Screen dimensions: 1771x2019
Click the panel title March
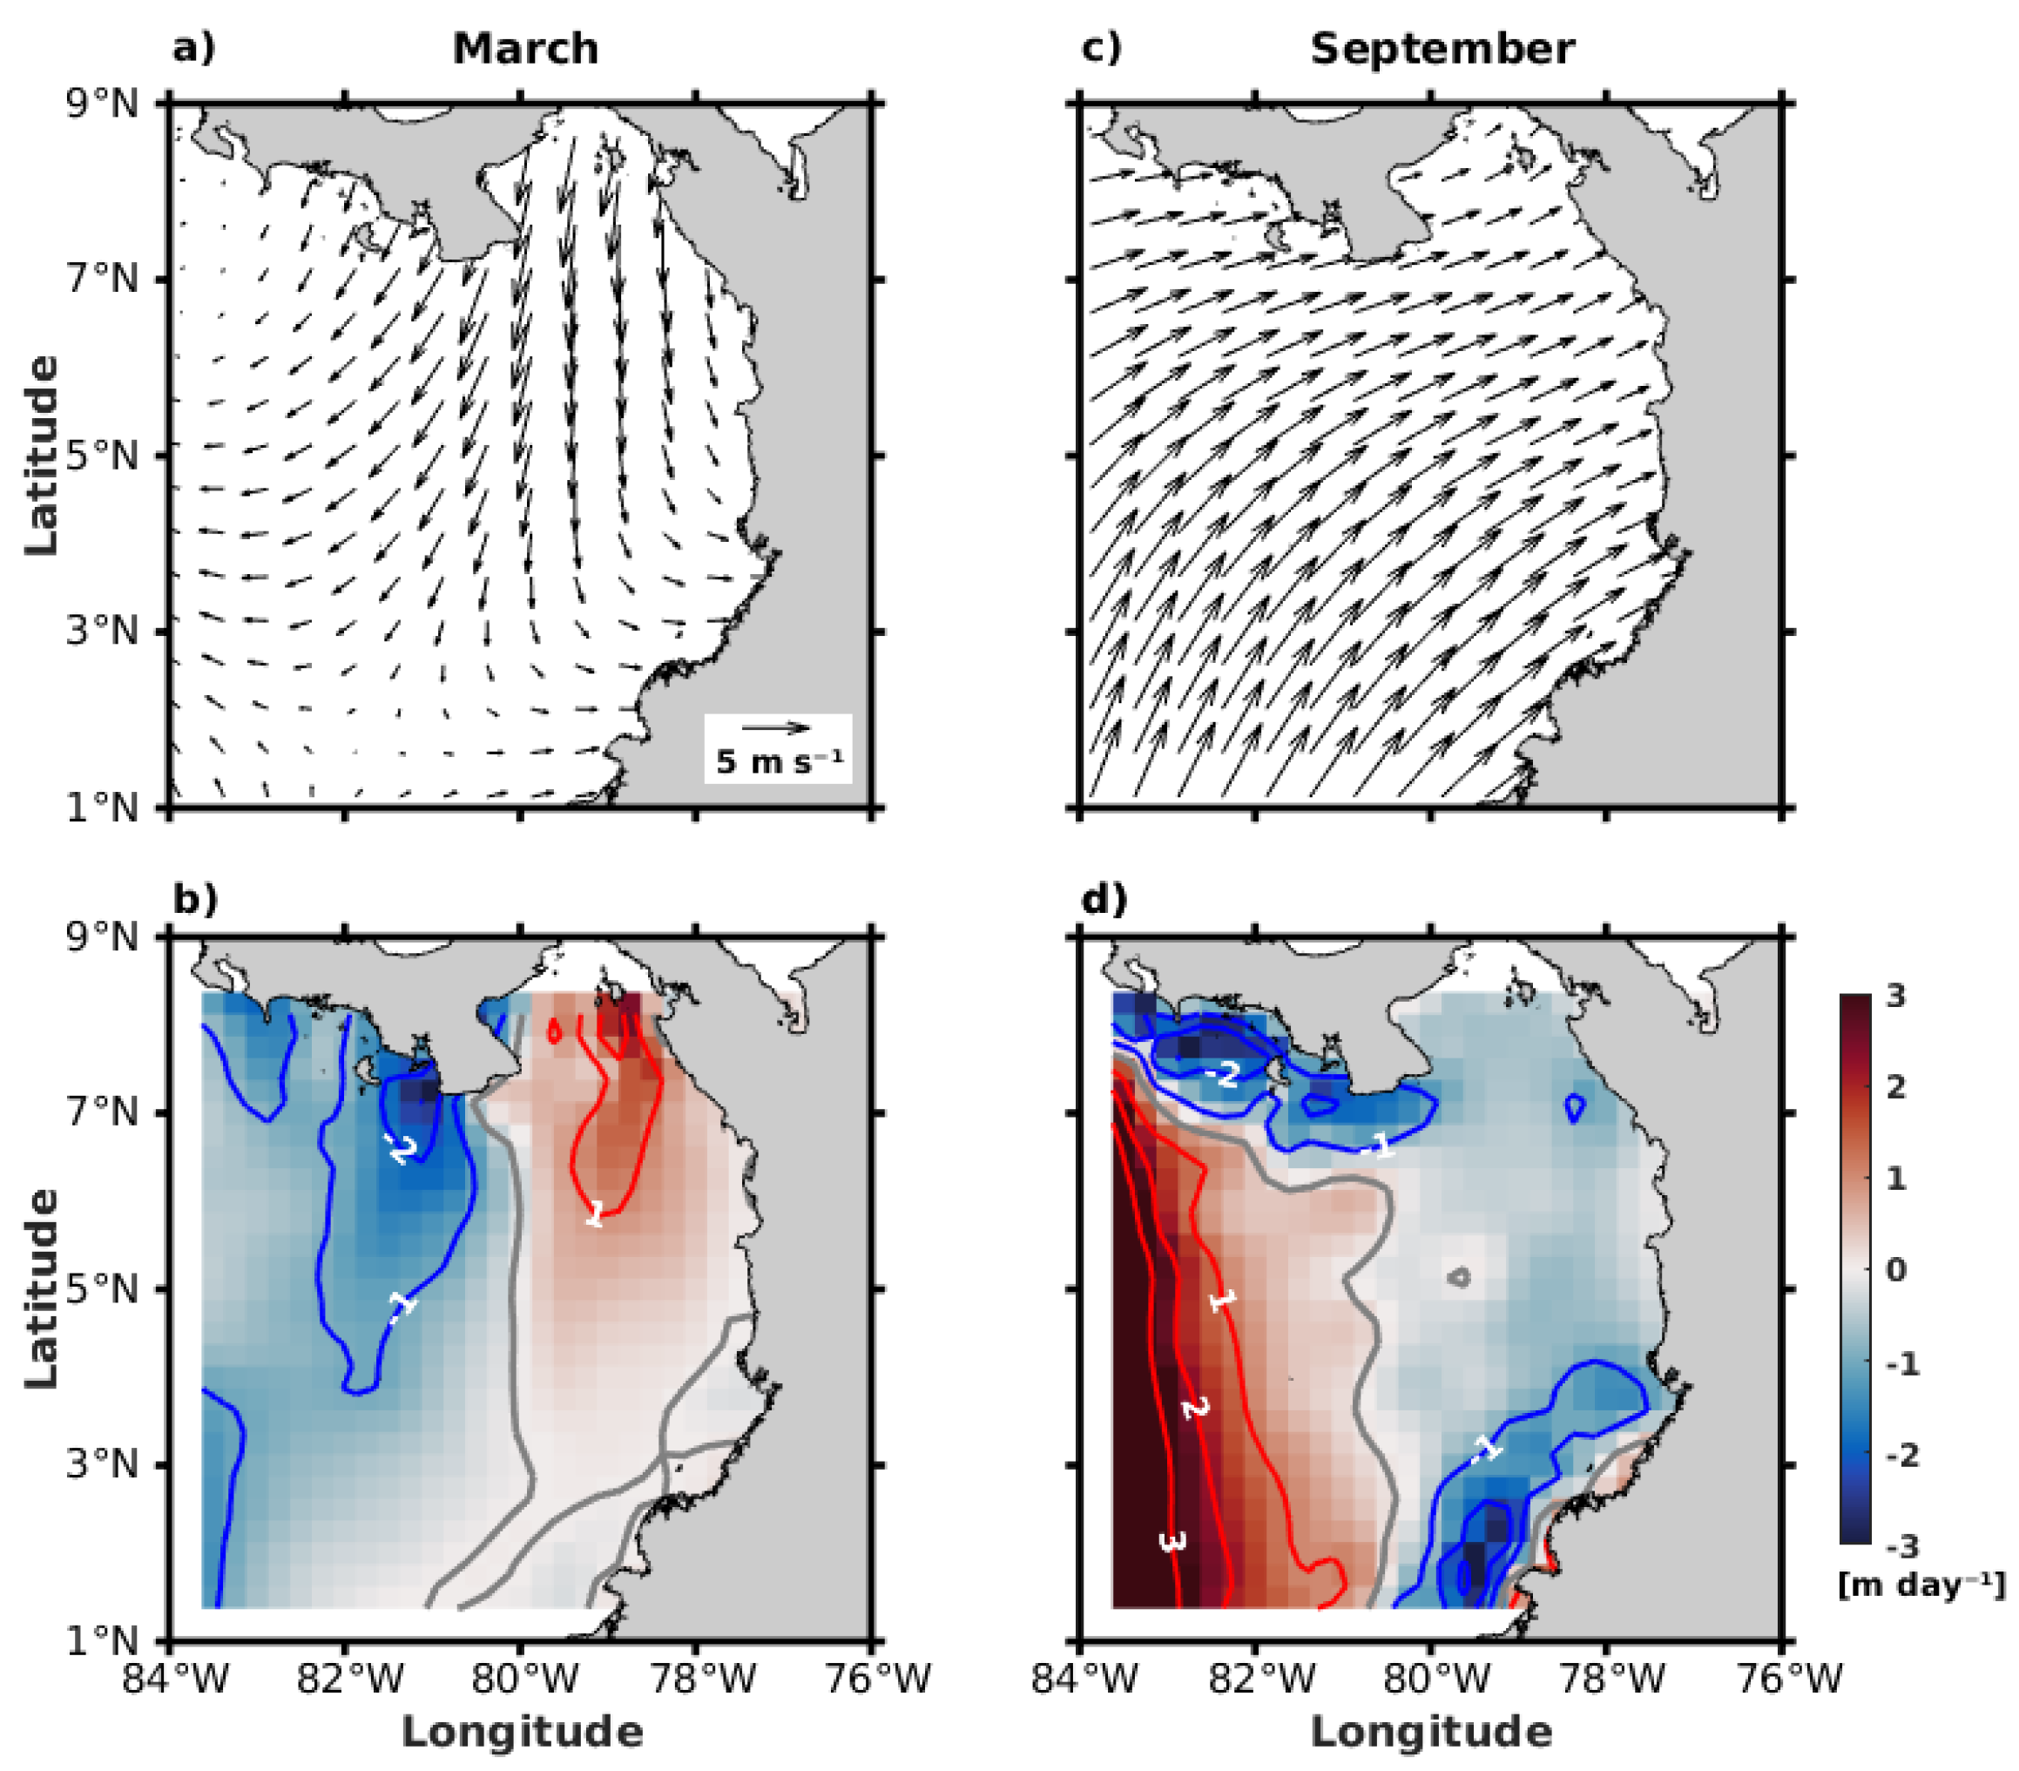(525, 49)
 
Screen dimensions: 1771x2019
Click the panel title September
(1442, 49)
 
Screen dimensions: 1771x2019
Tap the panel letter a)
(193, 47)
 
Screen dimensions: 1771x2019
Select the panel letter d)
(1104, 900)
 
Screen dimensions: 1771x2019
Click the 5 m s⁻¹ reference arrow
(776, 728)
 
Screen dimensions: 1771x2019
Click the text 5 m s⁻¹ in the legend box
(779, 761)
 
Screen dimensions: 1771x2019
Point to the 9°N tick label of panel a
(102, 103)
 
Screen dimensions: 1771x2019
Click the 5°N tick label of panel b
(102, 1289)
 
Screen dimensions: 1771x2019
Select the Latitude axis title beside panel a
(42, 456)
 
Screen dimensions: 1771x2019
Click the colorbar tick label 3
(1895, 996)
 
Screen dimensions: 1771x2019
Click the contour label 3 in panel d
(1172, 1542)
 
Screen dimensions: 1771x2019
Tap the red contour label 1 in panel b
(595, 1214)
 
